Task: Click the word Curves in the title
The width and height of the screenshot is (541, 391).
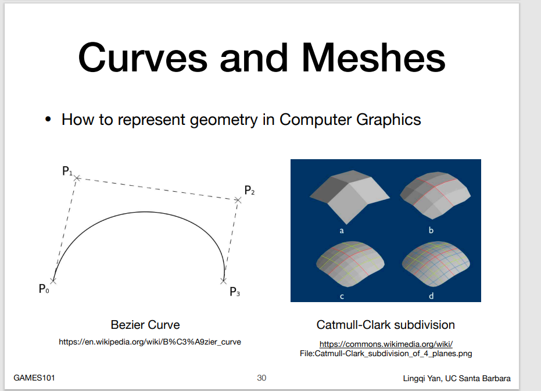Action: (143, 58)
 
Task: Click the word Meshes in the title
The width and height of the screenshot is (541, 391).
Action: (374, 58)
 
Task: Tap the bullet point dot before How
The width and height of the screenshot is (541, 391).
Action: (48, 120)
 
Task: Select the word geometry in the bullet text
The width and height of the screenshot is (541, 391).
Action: (224, 120)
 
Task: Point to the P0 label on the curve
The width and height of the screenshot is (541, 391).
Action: (44, 289)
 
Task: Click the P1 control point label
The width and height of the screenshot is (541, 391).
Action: (67, 171)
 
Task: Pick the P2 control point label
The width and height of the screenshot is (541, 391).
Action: (249, 190)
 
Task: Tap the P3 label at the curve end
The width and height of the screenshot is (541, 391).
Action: (235, 292)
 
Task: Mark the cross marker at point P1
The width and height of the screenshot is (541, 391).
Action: (77, 178)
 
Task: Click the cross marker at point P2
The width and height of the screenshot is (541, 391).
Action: (238, 200)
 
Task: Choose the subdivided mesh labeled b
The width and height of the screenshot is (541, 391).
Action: (435, 195)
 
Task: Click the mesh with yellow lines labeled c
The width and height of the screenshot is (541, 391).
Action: (350, 264)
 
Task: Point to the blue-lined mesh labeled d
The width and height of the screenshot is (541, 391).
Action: (435, 264)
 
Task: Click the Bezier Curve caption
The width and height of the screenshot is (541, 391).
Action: (145, 325)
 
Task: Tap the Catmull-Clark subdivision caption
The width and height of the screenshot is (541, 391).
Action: (385, 325)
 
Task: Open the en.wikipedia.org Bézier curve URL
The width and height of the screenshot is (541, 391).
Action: (150, 342)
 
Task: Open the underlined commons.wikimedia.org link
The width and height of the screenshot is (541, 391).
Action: (386, 344)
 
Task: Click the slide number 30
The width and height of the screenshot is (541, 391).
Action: (261, 378)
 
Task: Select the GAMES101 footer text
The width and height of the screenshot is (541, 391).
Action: (34, 378)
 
